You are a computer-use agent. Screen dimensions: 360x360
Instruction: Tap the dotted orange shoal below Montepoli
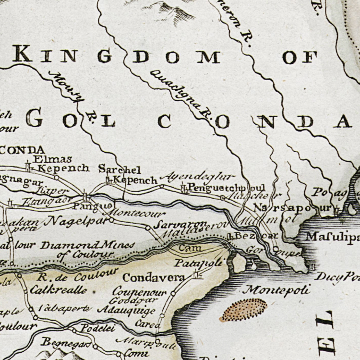pyautogui.click(x=243, y=310)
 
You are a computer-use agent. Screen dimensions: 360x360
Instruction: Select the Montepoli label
pyautogui.click(x=277, y=289)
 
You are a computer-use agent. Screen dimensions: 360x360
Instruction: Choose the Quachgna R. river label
pyautogui.click(x=181, y=94)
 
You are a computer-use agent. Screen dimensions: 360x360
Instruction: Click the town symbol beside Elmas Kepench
pyautogui.click(x=28, y=167)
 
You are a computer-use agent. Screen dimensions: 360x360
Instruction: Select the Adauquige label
pyautogui.click(x=126, y=310)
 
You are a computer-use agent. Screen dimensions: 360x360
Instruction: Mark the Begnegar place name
pyautogui.click(x=59, y=342)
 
